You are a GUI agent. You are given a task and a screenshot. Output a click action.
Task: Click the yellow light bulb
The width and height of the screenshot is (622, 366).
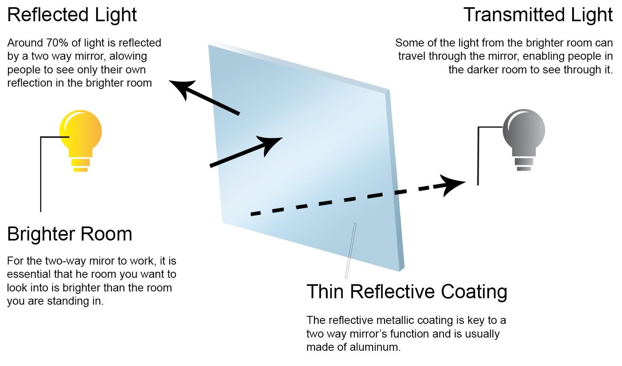coord(81,132)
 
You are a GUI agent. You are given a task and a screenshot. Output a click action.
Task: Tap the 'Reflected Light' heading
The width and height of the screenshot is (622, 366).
coord(72,15)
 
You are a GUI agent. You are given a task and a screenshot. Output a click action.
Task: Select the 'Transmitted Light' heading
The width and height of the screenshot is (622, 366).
coord(538,15)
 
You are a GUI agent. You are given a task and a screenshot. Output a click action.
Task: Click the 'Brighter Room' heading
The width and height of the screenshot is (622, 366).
coord(70,234)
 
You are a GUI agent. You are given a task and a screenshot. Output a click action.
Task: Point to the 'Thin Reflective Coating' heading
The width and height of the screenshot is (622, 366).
coord(407,291)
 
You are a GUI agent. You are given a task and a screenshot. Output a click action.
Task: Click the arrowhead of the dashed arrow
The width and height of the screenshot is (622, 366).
coord(453,185)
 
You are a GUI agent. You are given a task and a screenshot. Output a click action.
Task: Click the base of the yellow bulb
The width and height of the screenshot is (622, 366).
coord(81,165)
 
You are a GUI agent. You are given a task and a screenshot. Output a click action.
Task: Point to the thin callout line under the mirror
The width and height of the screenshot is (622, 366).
coord(351,251)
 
